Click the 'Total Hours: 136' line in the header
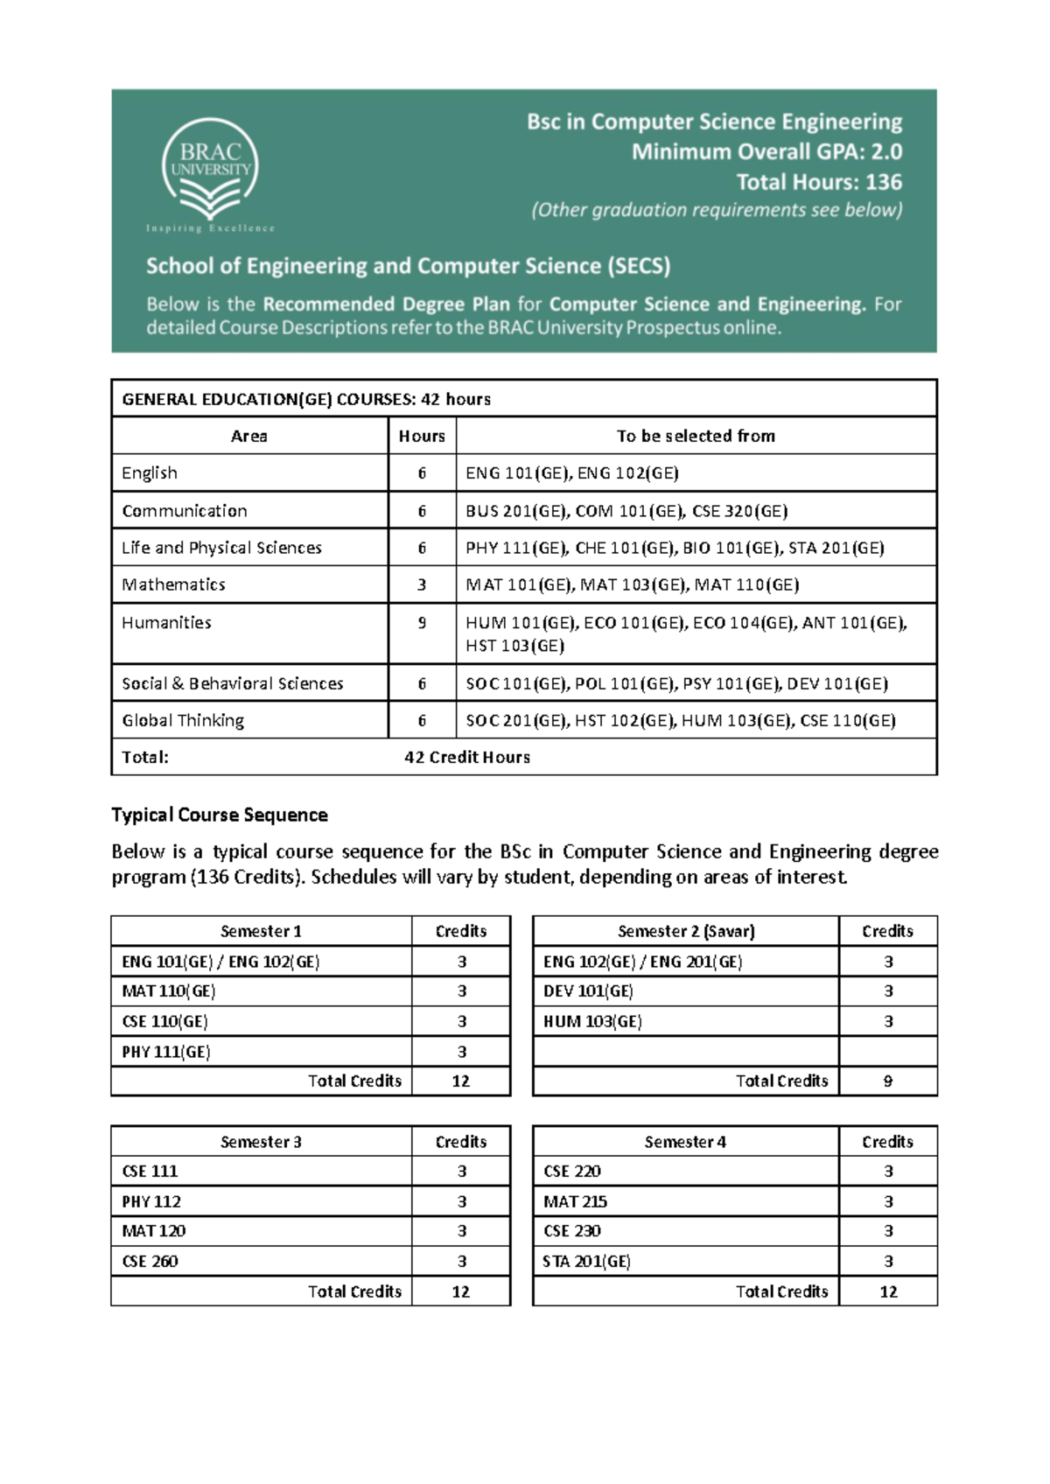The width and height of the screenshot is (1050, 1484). point(818,182)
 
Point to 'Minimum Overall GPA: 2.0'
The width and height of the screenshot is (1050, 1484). point(766,152)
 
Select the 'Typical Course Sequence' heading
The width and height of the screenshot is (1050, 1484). point(220,815)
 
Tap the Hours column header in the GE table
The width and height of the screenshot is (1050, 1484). point(422,436)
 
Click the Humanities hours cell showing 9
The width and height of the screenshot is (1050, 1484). point(422,623)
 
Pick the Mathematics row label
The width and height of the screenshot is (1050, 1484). point(173,584)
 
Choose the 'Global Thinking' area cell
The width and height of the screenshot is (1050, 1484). point(183,720)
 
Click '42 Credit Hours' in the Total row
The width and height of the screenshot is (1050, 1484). point(467,757)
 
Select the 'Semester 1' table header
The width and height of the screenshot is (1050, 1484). point(261,931)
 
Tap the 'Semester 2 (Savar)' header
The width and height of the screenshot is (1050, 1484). point(686,931)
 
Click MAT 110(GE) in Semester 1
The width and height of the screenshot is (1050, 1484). point(168,991)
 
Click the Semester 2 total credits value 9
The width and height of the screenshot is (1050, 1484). point(887,1081)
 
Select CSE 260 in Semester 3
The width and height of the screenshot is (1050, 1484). point(150,1261)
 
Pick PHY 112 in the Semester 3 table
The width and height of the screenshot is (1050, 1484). point(151,1201)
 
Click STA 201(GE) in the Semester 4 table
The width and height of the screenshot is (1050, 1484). point(586,1261)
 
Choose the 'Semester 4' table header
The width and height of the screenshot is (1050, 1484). point(685,1142)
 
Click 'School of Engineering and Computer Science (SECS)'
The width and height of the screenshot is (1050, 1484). point(408,266)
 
